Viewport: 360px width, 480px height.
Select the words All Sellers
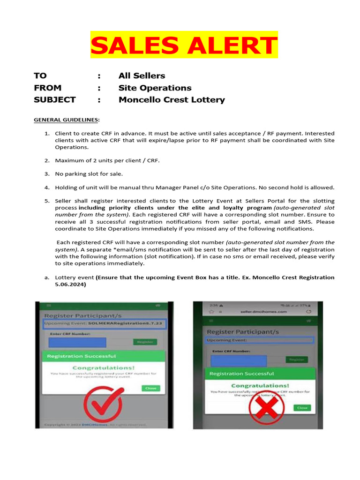(142, 75)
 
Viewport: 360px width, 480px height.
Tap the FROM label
(47, 88)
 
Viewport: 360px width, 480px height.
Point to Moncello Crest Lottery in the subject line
(172, 100)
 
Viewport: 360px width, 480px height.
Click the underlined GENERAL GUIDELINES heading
(66, 120)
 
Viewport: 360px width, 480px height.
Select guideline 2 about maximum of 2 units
(107, 160)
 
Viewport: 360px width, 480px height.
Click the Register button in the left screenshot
(145, 342)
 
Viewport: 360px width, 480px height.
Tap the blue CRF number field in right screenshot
(239, 360)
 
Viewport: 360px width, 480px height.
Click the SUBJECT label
(54, 100)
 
